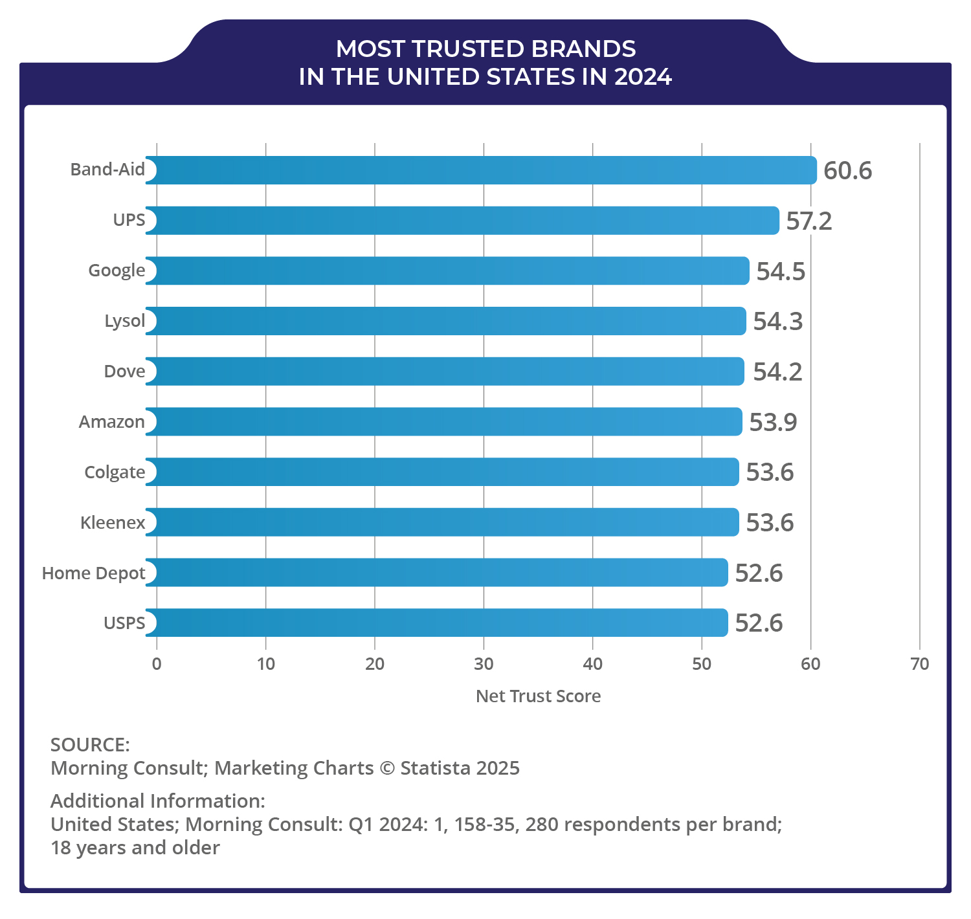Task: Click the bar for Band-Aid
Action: pos(480,170)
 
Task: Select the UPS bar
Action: pos(462,221)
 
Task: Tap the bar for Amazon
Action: pos(443,421)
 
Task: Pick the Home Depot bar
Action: pos(436,573)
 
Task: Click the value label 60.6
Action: pos(847,171)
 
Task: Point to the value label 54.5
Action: pos(781,271)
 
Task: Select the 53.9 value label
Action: pos(773,422)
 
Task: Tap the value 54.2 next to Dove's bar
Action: pos(777,372)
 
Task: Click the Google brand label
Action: pos(117,271)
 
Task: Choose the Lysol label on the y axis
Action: pos(125,321)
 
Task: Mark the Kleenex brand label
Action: pos(113,523)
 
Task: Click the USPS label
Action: pos(124,623)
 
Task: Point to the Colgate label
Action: pos(115,472)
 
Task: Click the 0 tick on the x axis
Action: pos(157,664)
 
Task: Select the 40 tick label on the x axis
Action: pos(592,664)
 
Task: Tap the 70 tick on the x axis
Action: pos(919,664)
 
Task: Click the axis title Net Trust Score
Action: pos(538,696)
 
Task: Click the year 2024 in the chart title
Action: pos(643,77)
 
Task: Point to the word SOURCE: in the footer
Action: pos(90,745)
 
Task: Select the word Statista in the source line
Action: pos(435,768)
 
